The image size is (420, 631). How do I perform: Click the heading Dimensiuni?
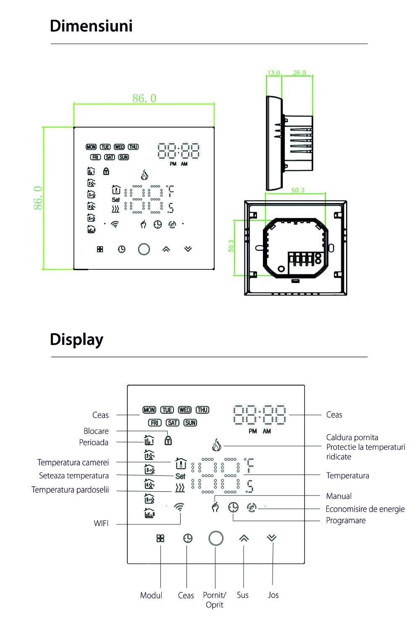point(91,26)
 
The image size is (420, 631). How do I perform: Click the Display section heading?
point(76,339)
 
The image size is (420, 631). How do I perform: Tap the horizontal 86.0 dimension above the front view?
point(144,98)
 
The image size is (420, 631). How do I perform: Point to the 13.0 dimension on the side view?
point(273,73)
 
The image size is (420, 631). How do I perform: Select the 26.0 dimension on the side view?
point(299,73)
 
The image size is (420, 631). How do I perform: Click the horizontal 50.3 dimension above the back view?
point(298,190)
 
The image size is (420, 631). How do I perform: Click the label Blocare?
point(96,431)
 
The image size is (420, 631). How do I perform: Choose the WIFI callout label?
point(101,523)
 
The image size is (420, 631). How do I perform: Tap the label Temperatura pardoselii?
point(70,490)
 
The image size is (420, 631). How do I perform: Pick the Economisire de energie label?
point(365,509)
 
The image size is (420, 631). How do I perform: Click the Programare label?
point(346,520)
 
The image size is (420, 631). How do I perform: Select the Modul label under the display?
point(151,595)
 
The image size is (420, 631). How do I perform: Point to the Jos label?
point(273,595)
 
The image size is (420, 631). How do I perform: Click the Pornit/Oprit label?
point(215,600)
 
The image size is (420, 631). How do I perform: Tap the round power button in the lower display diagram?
point(216,538)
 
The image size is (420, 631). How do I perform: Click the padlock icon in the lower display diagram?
point(168,441)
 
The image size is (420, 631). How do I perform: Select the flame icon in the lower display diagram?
point(217,445)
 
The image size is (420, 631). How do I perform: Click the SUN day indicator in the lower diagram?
point(190,422)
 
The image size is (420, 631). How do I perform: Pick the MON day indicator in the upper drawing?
point(91,147)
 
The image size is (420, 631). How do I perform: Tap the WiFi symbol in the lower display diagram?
point(179,507)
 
